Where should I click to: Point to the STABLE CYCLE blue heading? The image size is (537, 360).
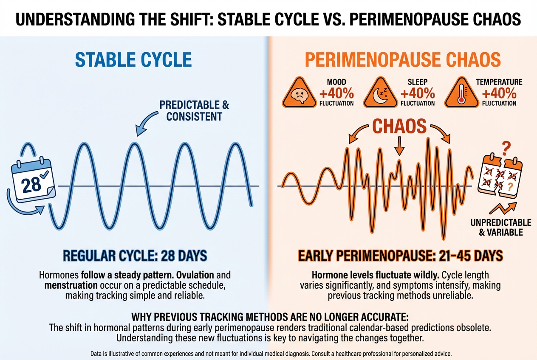click(x=133, y=59)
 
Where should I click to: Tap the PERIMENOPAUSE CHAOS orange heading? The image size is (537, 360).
click(x=403, y=59)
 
